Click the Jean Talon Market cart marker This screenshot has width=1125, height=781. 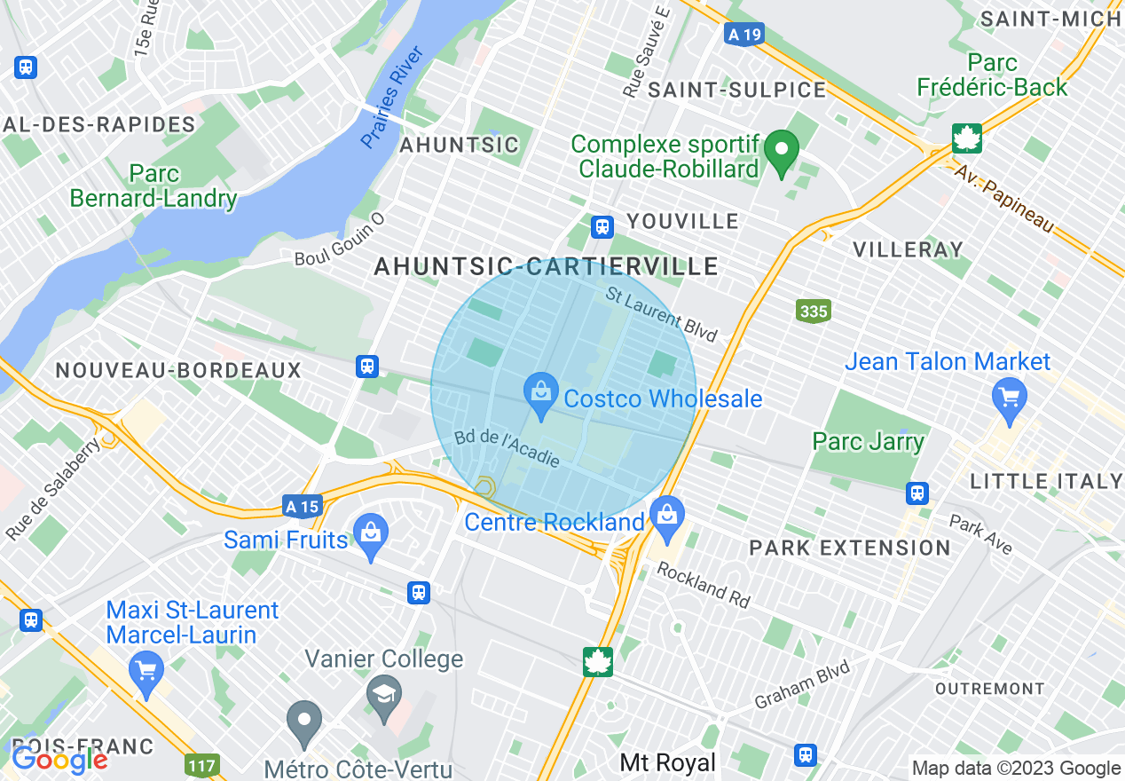[1010, 396]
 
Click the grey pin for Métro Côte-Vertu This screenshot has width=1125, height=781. [304, 721]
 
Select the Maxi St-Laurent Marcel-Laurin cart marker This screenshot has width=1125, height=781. [146, 672]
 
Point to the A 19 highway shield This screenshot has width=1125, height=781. [743, 35]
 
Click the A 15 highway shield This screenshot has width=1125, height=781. [302, 507]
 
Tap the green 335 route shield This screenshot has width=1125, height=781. [813, 311]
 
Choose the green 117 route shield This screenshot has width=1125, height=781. [202, 763]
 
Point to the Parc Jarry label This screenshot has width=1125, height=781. [868, 441]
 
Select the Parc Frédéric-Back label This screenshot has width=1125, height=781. [992, 75]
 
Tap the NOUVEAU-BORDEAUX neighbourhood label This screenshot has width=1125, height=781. [178, 370]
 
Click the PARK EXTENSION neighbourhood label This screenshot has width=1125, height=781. [850, 548]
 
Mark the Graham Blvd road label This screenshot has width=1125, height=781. [802, 683]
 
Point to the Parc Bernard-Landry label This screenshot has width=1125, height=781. [153, 186]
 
